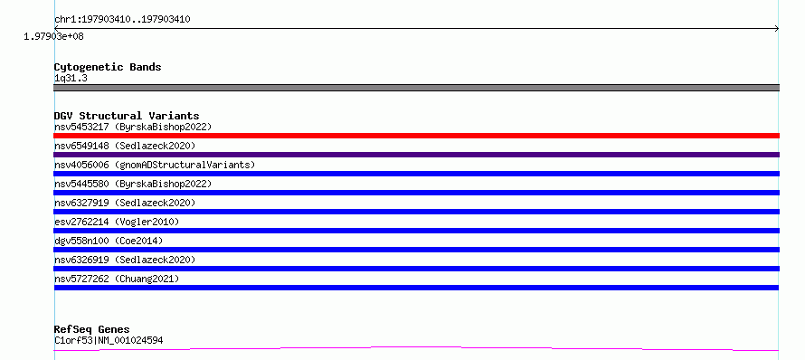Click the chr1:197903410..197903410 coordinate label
[122, 20]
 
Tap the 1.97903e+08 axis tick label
[53, 36]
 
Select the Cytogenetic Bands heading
[108, 67]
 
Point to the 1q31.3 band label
[71, 78]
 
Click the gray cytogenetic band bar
[416, 88]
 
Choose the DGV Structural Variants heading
[127, 116]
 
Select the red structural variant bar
[416, 136]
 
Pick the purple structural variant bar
[416, 155]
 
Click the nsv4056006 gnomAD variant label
[155, 165]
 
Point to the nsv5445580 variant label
[133, 184]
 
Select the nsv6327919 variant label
[125, 203]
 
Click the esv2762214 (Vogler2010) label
[117, 222]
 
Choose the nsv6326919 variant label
[125, 260]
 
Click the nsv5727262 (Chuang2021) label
[117, 279]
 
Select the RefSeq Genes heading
[92, 329]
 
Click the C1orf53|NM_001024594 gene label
[109, 340]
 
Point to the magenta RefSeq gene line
[416, 349]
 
